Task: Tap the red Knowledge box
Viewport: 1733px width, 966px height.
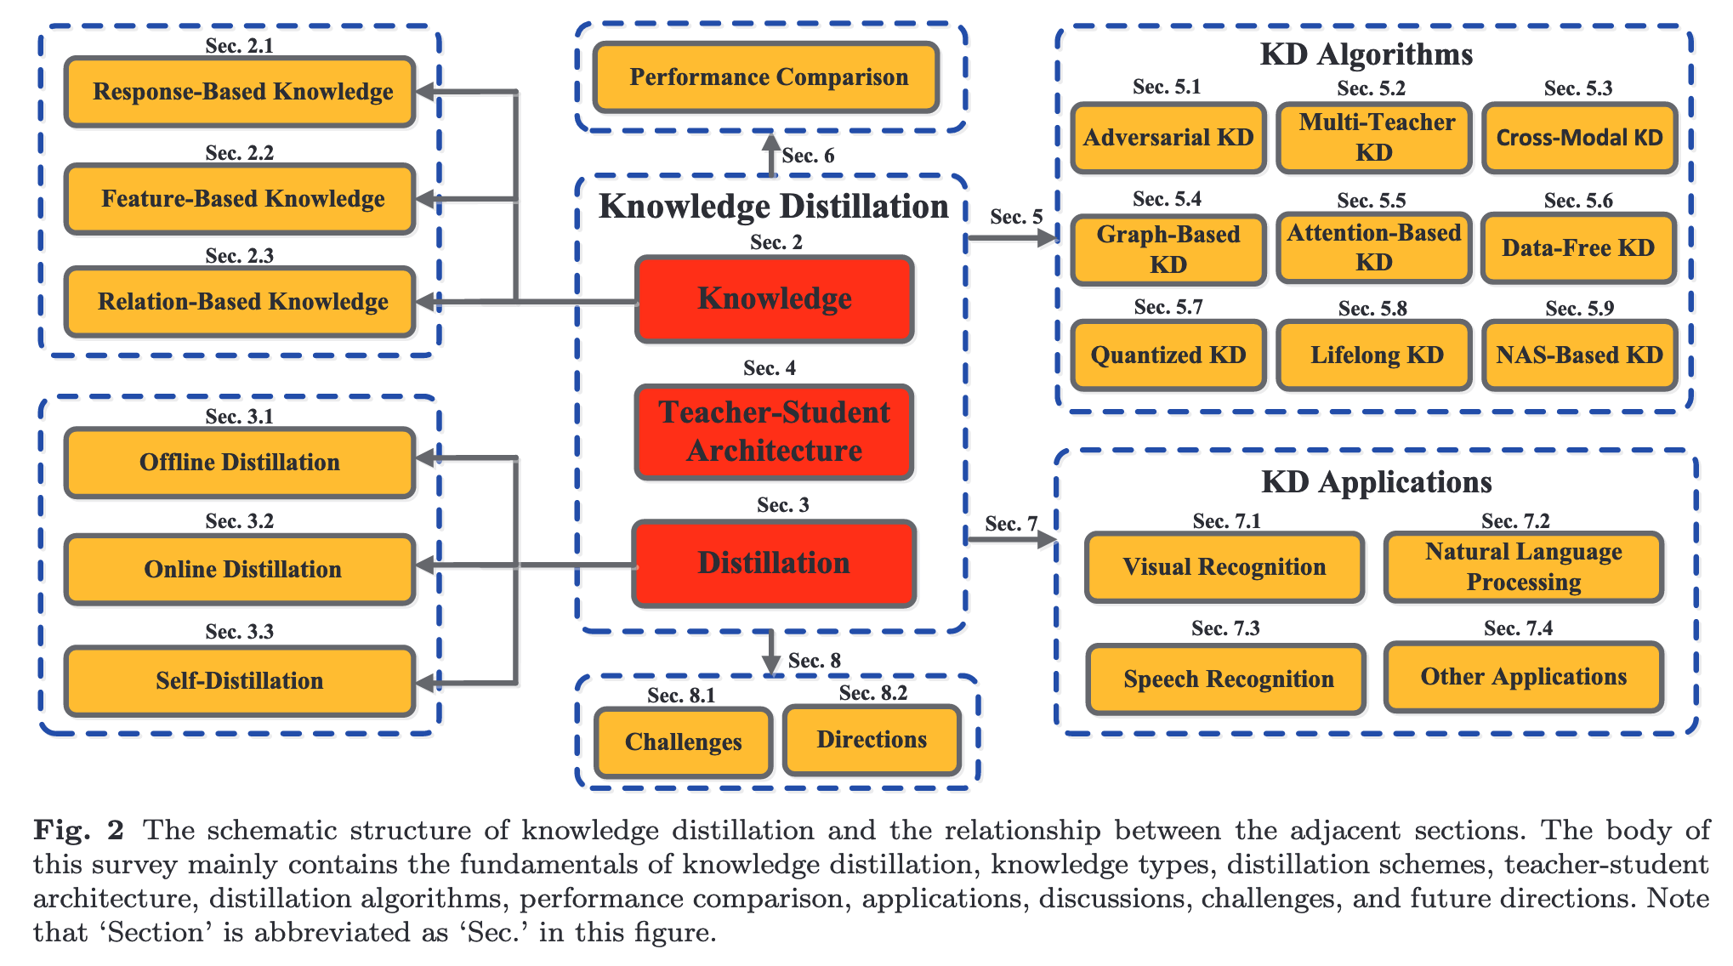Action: (x=774, y=299)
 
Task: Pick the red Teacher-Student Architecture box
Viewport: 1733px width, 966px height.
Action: (x=774, y=432)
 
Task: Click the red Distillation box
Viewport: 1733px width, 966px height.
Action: (x=774, y=563)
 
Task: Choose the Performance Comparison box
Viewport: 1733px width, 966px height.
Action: (x=767, y=77)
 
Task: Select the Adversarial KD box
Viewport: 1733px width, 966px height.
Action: (x=1168, y=138)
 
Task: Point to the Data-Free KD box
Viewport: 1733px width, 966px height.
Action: (x=1578, y=248)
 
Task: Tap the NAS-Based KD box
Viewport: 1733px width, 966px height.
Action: (x=1579, y=355)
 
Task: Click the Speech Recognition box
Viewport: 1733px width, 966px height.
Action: (x=1226, y=679)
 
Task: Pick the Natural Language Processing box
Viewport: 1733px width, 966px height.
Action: (x=1523, y=567)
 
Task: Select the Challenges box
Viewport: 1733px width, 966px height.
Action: (x=683, y=742)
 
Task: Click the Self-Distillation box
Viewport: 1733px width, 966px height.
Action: (x=240, y=681)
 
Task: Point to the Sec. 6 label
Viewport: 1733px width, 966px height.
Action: (x=808, y=156)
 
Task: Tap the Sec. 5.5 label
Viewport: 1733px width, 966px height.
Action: (x=1371, y=201)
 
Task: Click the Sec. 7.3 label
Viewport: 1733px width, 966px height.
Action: (x=1225, y=628)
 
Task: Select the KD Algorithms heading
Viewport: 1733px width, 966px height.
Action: (x=1366, y=54)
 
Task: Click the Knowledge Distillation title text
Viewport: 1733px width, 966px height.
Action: (x=773, y=207)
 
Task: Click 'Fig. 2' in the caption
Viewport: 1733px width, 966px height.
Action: (x=78, y=830)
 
